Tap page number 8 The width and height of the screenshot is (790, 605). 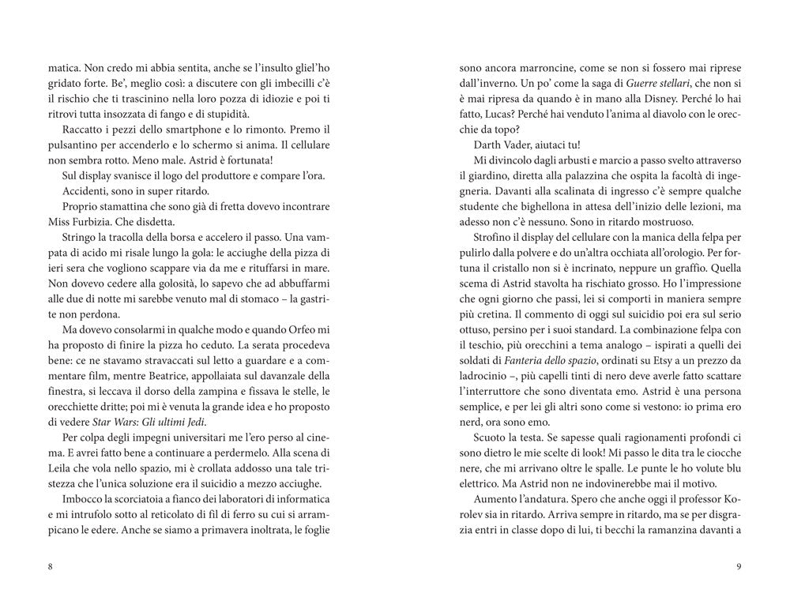(51, 566)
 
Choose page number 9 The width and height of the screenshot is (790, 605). (737, 566)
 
